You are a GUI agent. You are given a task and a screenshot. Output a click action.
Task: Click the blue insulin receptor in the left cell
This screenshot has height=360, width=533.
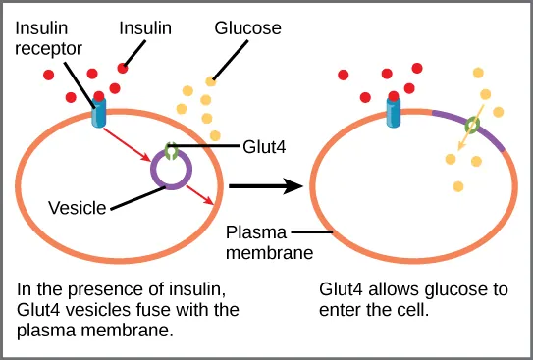coord(99,112)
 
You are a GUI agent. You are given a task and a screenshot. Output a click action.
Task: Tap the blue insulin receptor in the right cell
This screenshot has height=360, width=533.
coord(394,112)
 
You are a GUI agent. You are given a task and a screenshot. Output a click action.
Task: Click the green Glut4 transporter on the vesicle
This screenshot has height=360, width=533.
coord(172,152)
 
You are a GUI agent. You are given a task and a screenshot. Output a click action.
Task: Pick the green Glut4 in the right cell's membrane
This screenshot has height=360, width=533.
coord(472,126)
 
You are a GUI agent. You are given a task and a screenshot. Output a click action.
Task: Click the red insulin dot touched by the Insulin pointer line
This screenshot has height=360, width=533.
coord(124,68)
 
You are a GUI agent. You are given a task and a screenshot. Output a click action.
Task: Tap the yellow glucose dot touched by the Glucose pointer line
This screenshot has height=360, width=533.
coord(211,81)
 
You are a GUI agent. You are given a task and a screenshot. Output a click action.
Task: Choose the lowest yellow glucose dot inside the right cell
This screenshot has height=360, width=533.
coord(458,186)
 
